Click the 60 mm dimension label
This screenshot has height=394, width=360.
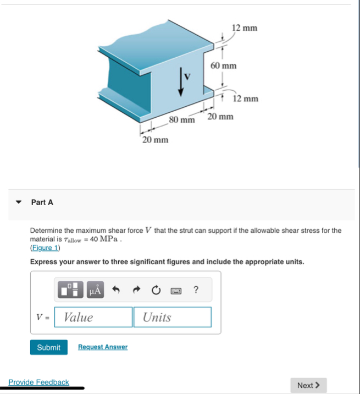223,66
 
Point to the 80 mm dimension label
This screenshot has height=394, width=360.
182,119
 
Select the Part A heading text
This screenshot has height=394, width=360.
42,203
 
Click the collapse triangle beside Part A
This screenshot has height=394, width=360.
19,203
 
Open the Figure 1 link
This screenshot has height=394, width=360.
45,248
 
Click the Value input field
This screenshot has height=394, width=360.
94,317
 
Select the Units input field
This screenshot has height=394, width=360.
172,317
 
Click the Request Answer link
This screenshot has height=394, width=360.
103,347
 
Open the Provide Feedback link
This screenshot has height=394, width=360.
38,382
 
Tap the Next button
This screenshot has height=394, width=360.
308,385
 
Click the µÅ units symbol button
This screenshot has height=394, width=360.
95,290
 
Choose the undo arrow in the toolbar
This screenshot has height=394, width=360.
117,290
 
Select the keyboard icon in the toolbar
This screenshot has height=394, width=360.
176,290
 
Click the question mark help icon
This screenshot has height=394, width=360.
196,290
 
